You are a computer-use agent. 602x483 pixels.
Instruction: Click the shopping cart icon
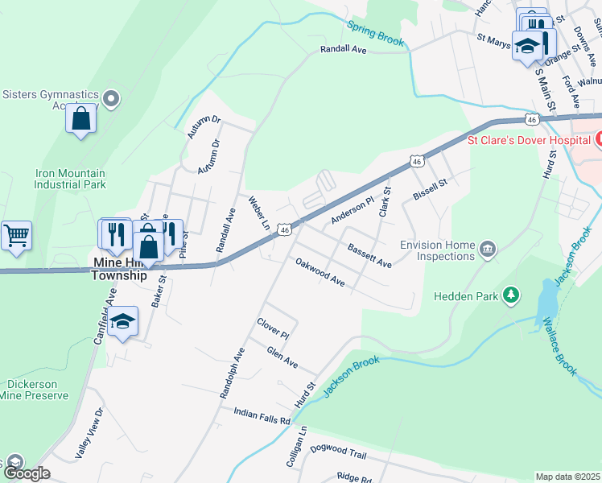(x=16, y=236)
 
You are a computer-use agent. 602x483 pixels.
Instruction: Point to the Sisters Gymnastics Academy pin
(x=112, y=99)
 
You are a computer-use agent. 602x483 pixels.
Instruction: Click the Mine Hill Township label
(x=120, y=269)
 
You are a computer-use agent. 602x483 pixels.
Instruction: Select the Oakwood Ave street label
(x=320, y=273)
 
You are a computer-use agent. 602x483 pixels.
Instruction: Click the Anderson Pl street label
(x=353, y=211)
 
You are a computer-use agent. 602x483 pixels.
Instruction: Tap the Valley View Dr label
(x=89, y=434)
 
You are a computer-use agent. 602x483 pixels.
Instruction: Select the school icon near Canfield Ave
(x=122, y=322)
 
